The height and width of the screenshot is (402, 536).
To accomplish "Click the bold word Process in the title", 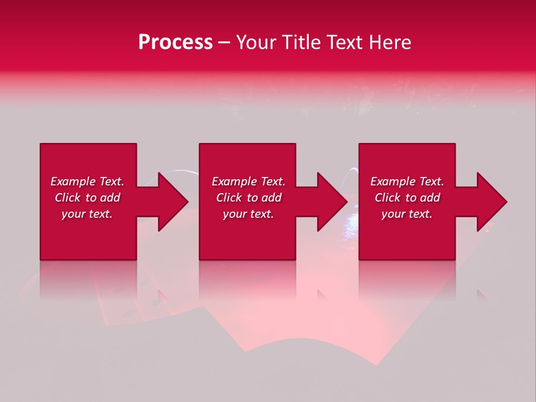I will (175, 42).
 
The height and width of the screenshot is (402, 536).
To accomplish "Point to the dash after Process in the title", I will (224, 43).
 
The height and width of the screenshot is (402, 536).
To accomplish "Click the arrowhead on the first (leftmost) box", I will (171, 202).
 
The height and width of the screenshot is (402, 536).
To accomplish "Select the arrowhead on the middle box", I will (331, 202).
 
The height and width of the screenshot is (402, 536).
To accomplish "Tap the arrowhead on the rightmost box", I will (490, 202).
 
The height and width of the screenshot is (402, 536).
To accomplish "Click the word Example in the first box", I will (72, 181).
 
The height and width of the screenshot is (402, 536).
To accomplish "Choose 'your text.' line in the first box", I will (87, 214).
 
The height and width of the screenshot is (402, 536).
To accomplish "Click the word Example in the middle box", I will (233, 181).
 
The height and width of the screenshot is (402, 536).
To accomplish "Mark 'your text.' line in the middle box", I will (248, 214).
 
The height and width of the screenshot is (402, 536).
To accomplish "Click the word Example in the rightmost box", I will (392, 181).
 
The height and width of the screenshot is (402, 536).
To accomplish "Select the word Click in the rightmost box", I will (388, 198).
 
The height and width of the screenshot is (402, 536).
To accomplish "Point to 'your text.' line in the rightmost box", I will (407, 214).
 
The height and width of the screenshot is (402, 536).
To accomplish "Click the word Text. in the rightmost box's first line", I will (430, 181).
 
